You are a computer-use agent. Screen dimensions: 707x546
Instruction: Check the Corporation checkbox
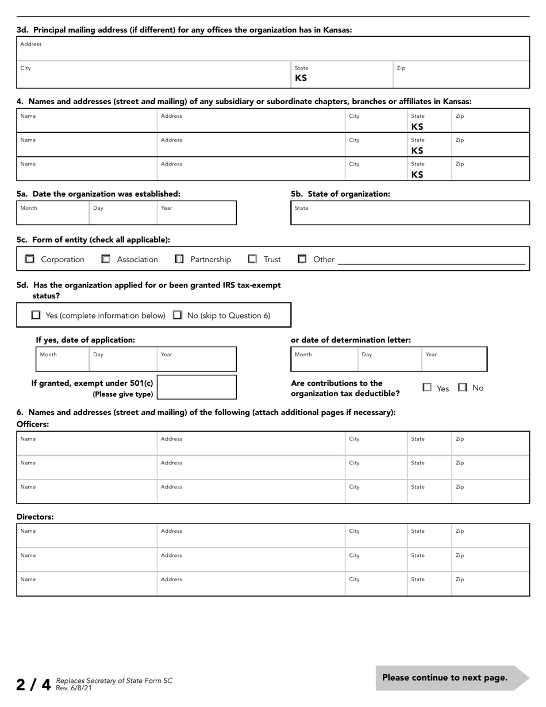coord(30,259)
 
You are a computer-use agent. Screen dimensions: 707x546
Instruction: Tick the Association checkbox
coord(106,259)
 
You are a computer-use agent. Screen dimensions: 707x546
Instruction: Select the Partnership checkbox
coord(179,259)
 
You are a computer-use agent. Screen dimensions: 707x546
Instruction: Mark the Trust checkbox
coord(252,259)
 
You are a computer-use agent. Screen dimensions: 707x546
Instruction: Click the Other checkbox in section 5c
coord(302,259)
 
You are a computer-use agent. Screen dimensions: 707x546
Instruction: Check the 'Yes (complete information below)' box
coord(36,315)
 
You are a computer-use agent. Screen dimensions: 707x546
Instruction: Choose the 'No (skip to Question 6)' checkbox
coord(178,315)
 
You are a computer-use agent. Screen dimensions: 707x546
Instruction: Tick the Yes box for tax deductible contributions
coord(427,387)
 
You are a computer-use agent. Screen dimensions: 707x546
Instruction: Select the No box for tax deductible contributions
coord(463,387)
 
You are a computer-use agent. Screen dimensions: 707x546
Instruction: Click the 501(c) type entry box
coord(197,387)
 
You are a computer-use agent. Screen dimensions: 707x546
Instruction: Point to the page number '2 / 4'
coord(34,685)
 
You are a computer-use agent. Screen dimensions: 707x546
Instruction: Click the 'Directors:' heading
coord(35,517)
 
